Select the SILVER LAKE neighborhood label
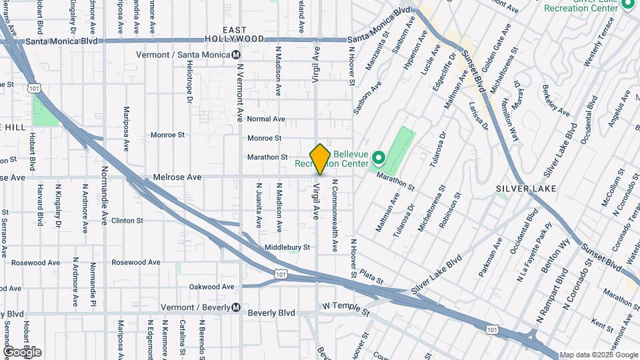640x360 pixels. click(x=521, y=189)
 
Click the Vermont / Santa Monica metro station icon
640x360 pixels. click(x=236, y=55)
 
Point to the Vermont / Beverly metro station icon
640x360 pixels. click(x=236, y=308)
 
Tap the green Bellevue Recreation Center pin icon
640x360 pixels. click(x=378, y=159)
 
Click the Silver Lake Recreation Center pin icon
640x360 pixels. click(x=627, y=6)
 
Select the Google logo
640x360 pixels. click(x=22, y=352)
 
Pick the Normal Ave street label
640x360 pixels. click(x=266, y=119)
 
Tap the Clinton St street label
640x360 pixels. click(x=127, y=221)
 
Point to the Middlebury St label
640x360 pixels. click(x=287, y=247)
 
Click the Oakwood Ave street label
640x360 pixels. click(x=211, y=287)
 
